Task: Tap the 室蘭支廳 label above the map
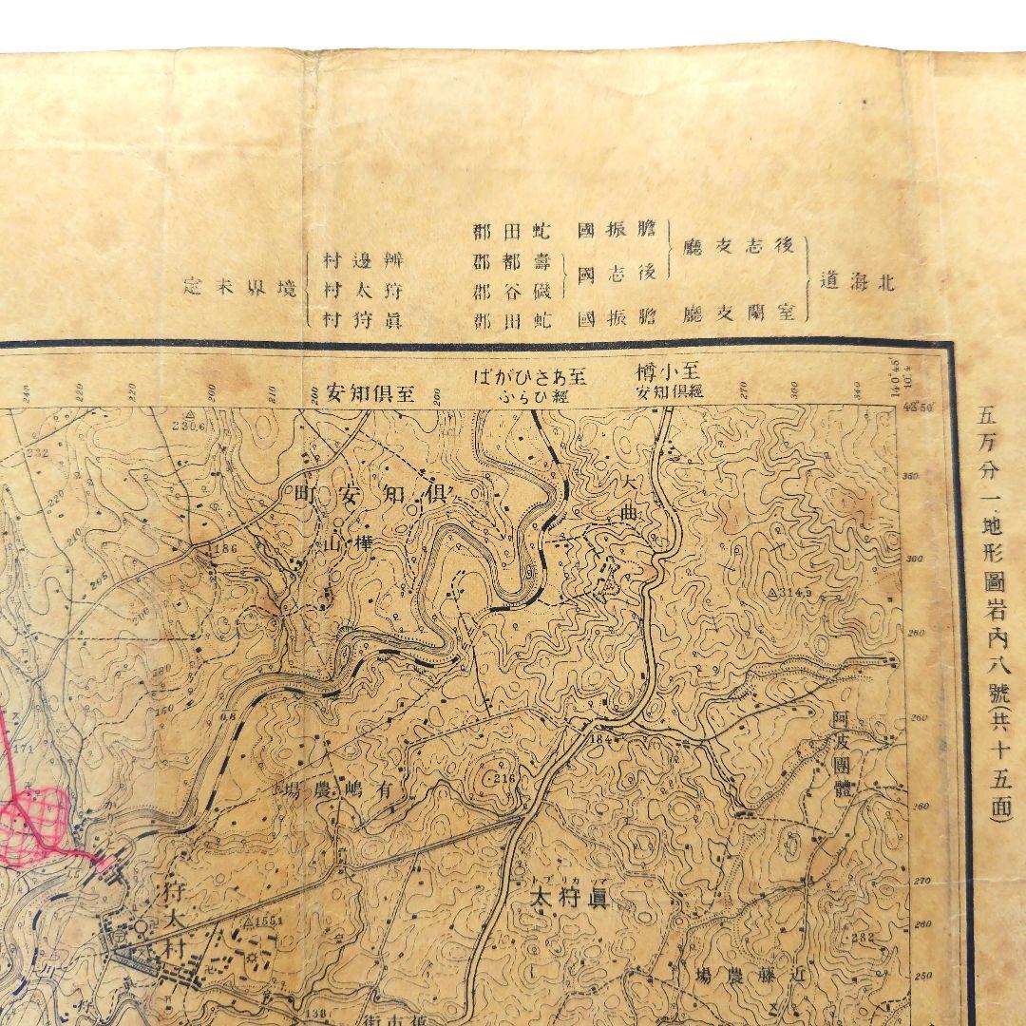(739, 313)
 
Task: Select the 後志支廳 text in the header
(739, 245)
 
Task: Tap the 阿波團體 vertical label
(840, 750)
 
